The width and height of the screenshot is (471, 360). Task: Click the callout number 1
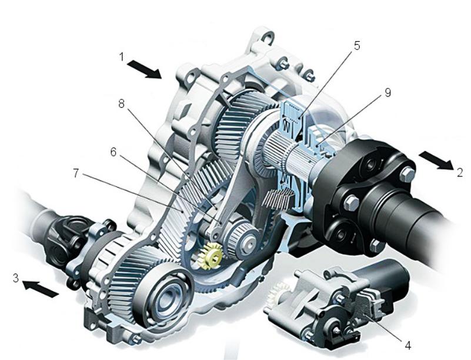(x=122, y=57)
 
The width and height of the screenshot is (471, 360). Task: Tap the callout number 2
(x=460, y=173)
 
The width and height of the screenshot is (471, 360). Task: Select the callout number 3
(x=16, y=278)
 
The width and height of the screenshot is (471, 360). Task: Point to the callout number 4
(x=407, y=345)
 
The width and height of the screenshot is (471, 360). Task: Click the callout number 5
(x=356, y=46)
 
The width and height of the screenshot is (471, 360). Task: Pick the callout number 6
(x=113, y=152)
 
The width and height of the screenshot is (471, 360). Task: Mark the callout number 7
(x=76, y=173)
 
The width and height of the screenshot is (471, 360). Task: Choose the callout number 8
(x=121, y=104)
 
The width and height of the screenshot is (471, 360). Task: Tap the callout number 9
(x=388, y=93)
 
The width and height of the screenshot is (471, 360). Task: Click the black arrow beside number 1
(x=145, y=69)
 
